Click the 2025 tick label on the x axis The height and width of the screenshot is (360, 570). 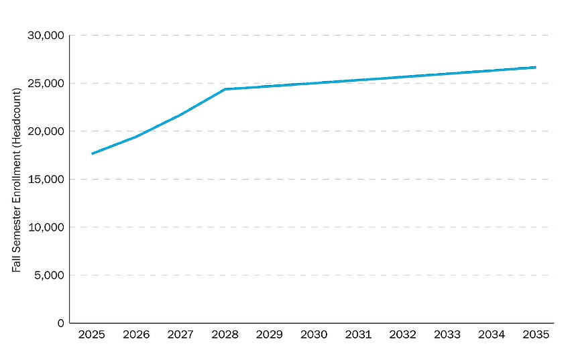[x=91, y=334]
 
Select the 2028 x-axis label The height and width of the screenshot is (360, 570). [x=225, y=334]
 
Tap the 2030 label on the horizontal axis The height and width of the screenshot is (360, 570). [x=313, y=334]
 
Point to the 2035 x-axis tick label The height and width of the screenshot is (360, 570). [x=535, y=334]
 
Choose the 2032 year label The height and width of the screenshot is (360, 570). [x=402, y=334]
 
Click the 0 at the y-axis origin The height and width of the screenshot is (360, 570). [x=61, y=323]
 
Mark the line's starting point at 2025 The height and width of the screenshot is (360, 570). [x=92, y=154]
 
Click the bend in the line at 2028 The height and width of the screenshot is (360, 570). [x=225, y=89]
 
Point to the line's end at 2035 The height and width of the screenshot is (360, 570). [x=535, y=67]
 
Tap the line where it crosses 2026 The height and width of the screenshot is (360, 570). [x=136, y=137]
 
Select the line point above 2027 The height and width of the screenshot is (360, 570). [x=180, y=115]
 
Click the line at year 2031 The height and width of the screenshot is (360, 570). [x=357, y=80]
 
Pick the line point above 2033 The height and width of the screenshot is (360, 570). [x=447, y=74]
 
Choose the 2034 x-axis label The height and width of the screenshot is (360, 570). [x=491, y=334]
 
